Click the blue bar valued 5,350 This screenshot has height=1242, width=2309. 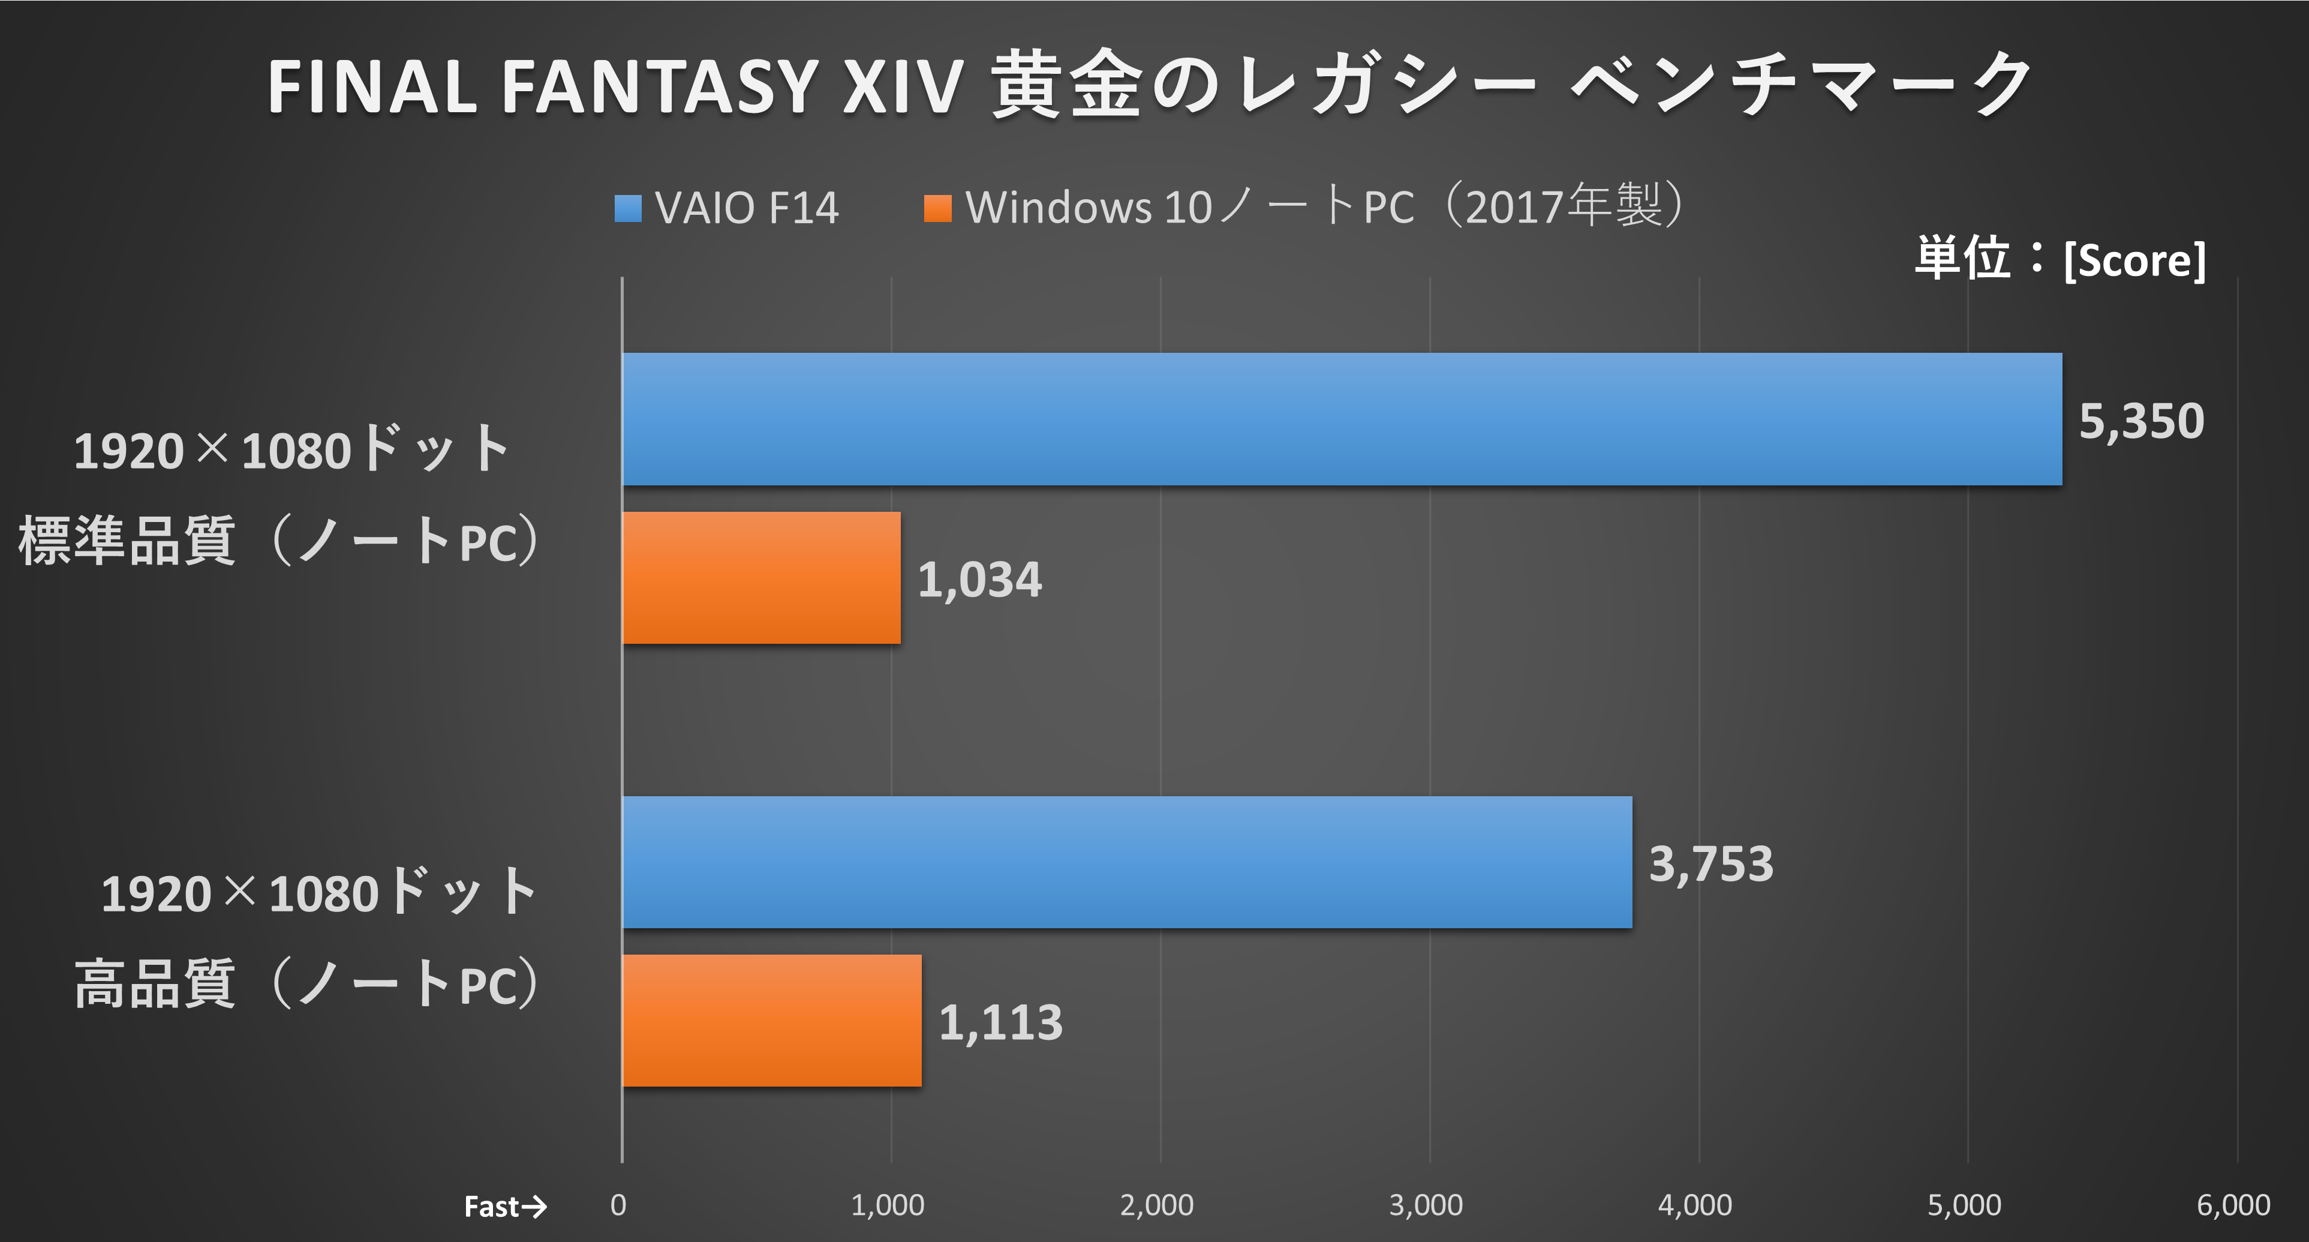1342,419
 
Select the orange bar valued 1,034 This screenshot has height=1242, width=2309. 761,578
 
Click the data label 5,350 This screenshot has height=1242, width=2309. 2140,421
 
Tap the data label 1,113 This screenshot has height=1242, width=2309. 1000,1022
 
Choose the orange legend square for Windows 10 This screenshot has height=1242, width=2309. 937,208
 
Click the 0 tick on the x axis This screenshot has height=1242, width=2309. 618,1204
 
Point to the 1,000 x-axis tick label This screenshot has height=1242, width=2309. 888,1204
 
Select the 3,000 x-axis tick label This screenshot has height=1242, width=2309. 1425,1204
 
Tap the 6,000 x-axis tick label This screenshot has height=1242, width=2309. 2233,1204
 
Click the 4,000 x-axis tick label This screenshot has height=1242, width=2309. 1694,1204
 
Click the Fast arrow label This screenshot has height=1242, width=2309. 504,1206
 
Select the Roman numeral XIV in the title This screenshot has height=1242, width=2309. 903,87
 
